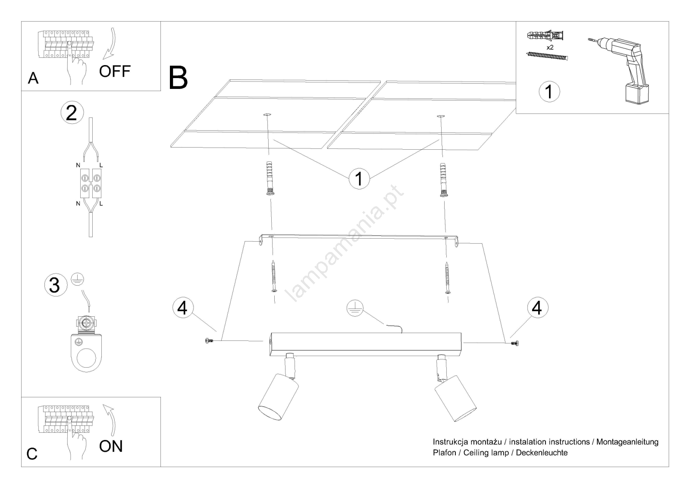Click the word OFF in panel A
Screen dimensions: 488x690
pos(114,71)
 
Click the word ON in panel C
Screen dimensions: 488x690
pos(111,446)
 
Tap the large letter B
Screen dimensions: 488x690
pos(178,78)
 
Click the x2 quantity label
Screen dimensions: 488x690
pos(550,47)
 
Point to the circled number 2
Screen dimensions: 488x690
pos(72,113)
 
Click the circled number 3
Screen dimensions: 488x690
pos(55,285)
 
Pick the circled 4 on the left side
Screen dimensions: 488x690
pos(183,308)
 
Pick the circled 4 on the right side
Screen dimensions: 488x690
pos(537,308)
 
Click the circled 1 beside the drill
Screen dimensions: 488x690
pos(549,92)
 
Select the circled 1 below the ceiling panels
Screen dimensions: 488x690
pos(359,179)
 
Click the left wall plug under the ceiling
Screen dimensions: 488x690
pos(269,179)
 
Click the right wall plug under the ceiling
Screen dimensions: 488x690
pos(443,180)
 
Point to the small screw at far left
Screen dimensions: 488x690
pos(210,341)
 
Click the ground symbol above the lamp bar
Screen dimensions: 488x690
pos(355,308)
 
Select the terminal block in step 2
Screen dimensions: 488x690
pos(90,183)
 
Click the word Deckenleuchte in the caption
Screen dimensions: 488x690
pos(542,453)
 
